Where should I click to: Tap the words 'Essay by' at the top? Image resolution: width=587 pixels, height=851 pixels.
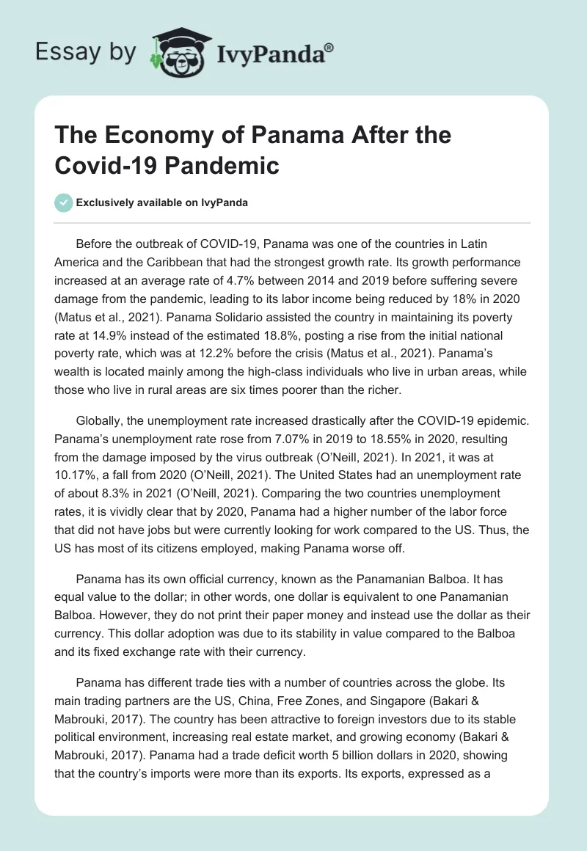point(85,53)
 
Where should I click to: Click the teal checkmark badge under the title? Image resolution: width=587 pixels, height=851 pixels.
point(64,202)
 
